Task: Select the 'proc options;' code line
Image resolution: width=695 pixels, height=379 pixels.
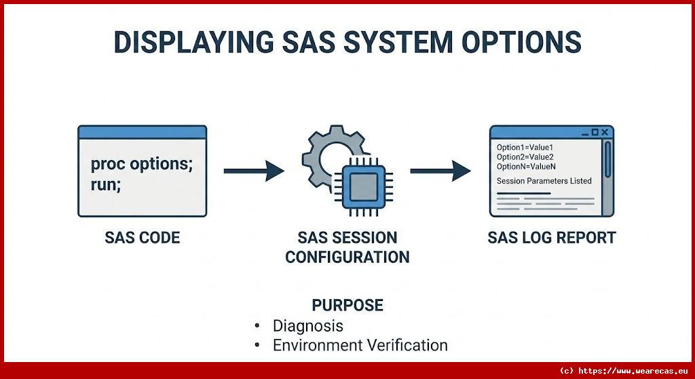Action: point(141,165)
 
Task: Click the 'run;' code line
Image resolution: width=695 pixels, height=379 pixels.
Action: point(106,184)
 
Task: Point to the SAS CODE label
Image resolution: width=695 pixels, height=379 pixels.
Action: point(142,238)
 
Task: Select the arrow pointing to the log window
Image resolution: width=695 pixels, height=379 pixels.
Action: point(440,171)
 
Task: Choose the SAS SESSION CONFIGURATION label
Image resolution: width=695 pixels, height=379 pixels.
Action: point(347,247)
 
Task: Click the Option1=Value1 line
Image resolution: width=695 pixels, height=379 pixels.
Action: point(525,147)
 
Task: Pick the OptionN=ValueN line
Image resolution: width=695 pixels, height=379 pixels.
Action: point(526,166)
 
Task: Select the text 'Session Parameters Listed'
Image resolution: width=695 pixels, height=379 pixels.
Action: point(544,181)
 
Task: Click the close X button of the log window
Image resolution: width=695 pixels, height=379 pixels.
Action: point(605,132)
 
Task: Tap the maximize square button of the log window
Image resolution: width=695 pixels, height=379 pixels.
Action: point(594,132)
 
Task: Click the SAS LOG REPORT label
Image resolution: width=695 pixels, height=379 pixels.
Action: point(551,238)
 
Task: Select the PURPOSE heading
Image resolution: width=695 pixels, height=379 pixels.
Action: point(347,305)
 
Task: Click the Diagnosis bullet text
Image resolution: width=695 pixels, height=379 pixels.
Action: point(307,325)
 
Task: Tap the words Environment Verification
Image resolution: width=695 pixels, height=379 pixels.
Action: point(360,345)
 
